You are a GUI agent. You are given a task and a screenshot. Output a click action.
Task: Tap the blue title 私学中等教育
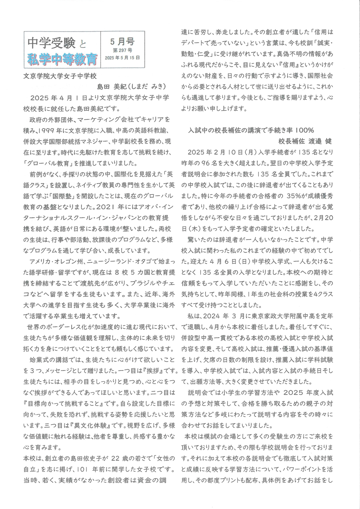coord(62,59)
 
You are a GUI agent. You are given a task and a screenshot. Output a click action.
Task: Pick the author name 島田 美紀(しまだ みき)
coord(131,86)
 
